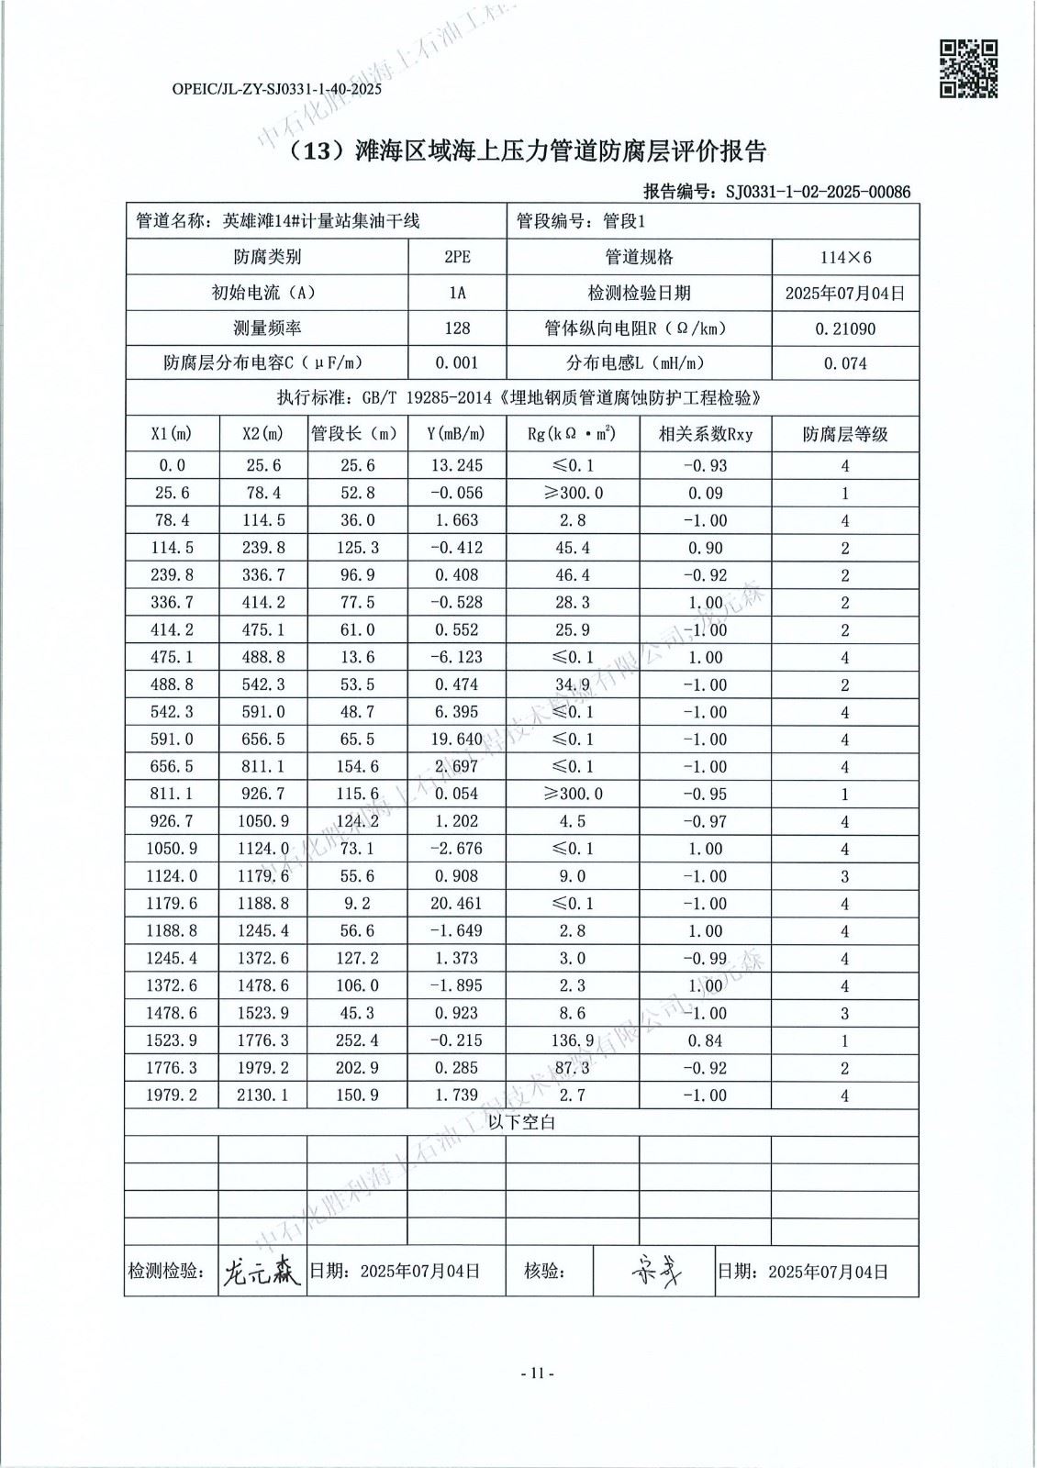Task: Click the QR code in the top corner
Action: [x=969, y=67]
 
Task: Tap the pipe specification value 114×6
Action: [x=845, y=258]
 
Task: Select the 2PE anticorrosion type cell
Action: [x=457, y=258]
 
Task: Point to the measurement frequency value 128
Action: [x=457, y=328]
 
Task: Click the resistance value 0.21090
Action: [x=845, y=328]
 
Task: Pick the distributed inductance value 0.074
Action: [x=845, y=363]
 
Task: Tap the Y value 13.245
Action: [x=456, y=466]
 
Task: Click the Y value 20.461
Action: [x=456, y=904]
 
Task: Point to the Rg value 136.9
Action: [x=572, y=1040]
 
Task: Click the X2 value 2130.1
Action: [x=263, y=1095]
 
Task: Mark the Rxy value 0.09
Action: [x=705, y=494]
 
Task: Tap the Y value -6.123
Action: [x=456, y=658]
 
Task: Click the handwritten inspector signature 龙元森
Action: [x=262, y=1272]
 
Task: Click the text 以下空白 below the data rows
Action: [x=521, y=1122]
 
